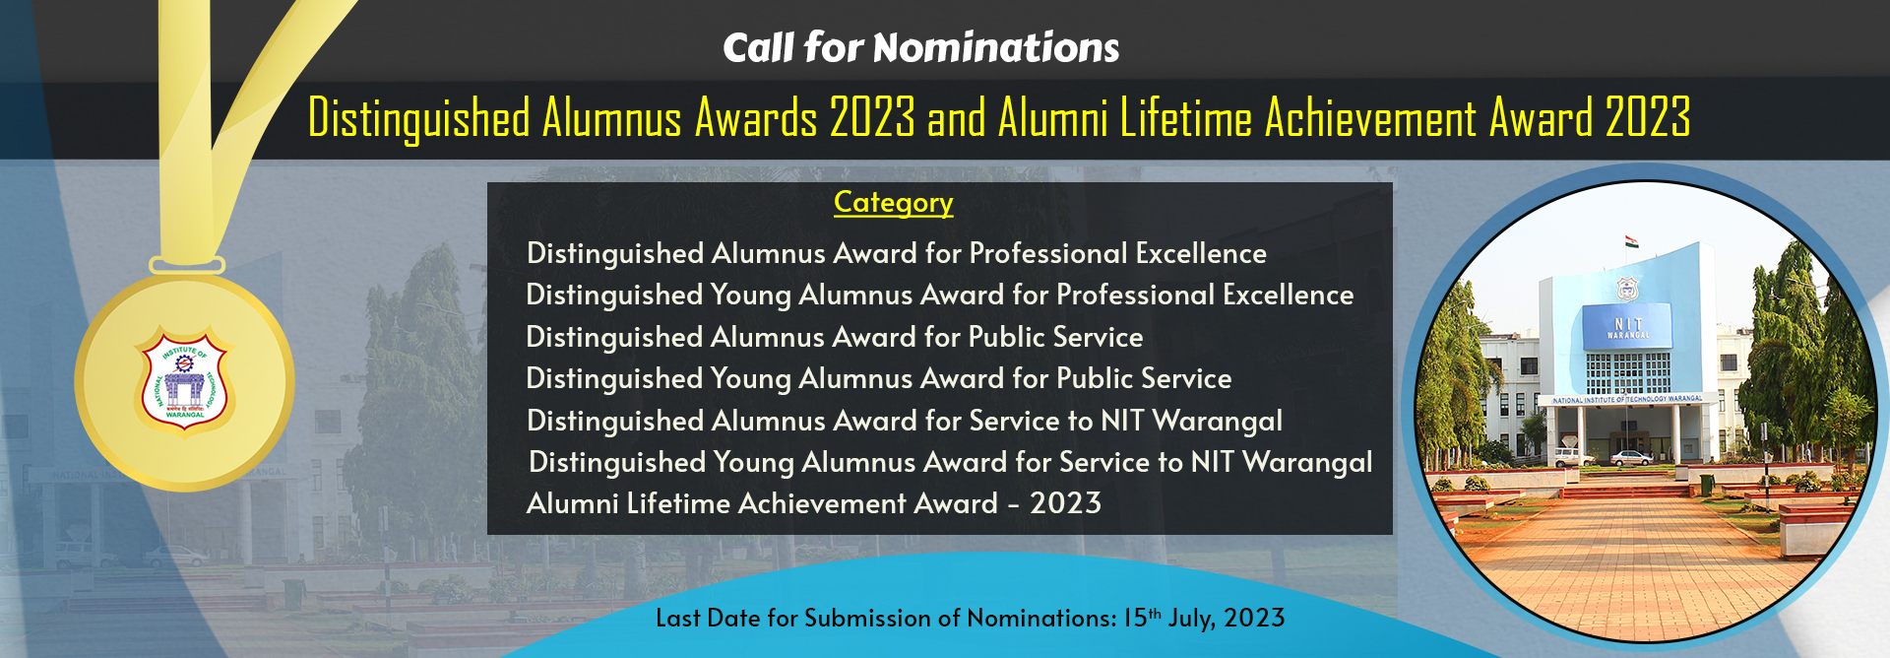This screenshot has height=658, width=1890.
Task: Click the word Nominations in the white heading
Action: [x=995, y=47]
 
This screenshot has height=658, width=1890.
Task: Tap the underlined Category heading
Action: [x=893, y=203]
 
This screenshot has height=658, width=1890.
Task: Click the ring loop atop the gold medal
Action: [x=187, y=265]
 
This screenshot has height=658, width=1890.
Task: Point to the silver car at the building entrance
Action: [x=1631, y=458]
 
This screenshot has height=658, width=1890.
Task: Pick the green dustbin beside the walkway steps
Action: [x=1707, y=484]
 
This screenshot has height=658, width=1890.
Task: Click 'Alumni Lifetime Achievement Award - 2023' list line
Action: [x=813, y=503]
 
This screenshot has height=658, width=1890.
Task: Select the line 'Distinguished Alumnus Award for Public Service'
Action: [x=834, y=337]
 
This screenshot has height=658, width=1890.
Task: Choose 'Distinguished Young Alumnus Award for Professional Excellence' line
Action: [x=939, y=295]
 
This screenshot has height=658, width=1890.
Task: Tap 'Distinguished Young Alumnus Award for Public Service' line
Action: [x=878, y=378]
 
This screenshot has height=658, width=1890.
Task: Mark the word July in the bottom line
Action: [x=1191, y=619]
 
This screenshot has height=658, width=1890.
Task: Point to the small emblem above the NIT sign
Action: [x=1626, y=289]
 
